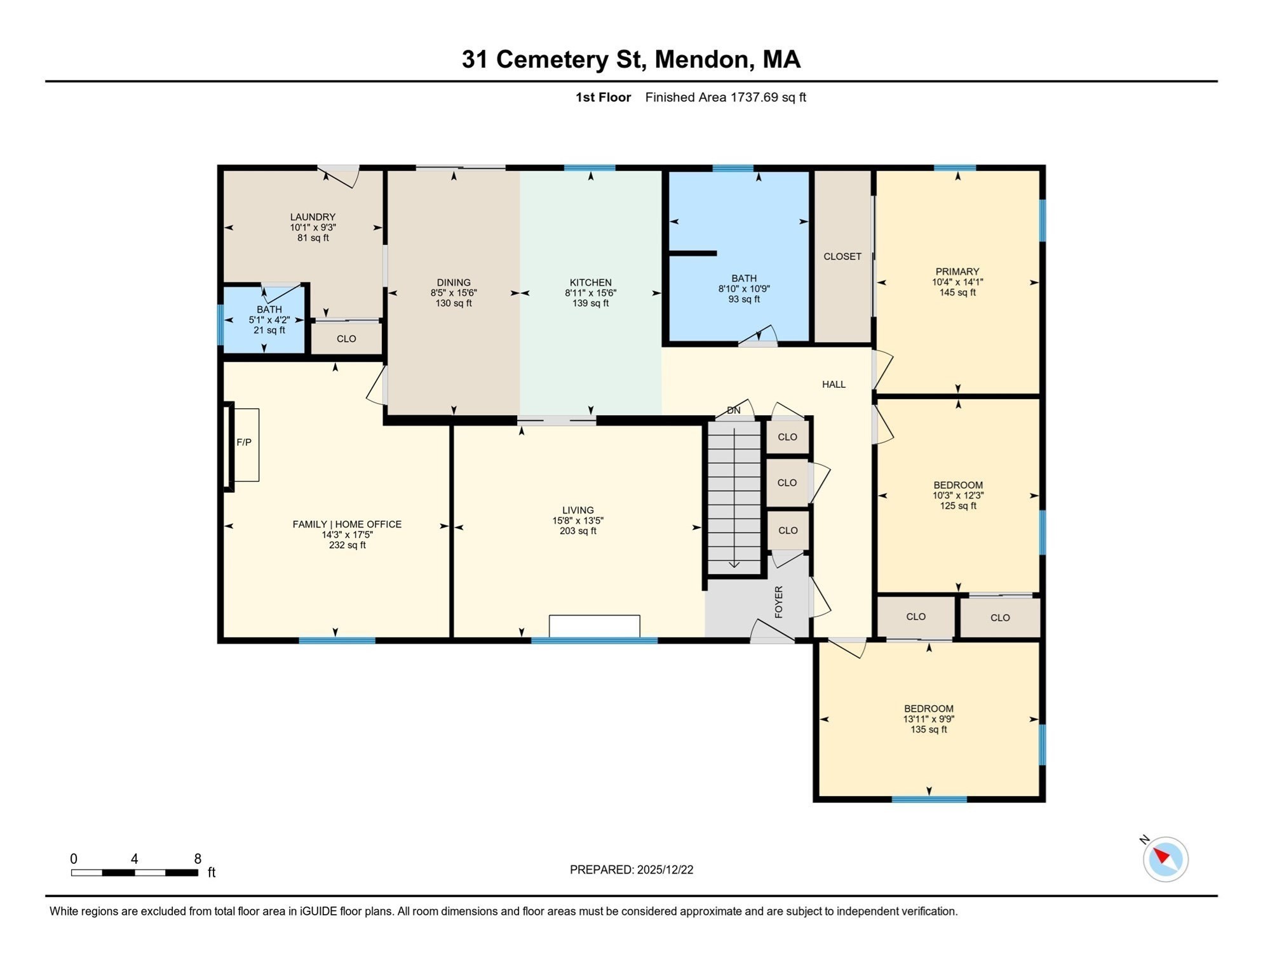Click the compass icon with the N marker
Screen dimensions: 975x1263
tap(1165, 859)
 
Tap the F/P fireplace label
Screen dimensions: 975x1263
tap(244, 442)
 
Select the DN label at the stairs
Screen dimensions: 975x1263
tap(733, 411)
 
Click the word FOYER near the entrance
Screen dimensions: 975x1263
tap(778, 602)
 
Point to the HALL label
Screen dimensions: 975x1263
tap(834, 384)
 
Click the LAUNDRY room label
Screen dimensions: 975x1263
tap(313, 217)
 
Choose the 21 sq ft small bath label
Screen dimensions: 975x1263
tap(269, 330)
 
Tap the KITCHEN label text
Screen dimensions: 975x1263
tap(590, 282)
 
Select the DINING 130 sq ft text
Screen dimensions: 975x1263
tap(454, 303)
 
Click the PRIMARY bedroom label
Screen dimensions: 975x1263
tap(957, 272)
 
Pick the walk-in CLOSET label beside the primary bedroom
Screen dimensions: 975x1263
tap(842, 256)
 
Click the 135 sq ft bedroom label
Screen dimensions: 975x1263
tap(928, 729)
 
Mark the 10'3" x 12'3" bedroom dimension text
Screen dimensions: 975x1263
tap(957, 495)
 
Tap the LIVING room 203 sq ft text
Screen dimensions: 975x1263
tap(577, 531)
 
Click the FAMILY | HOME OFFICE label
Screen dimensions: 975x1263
tap(347, 524)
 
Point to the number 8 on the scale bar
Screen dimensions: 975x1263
tap(198, 859)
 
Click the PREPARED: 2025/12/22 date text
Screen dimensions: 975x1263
tap(631, 870)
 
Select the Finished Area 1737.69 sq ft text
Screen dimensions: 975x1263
tap(725, 97)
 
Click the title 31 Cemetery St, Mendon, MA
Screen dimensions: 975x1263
tap(630, 59)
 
